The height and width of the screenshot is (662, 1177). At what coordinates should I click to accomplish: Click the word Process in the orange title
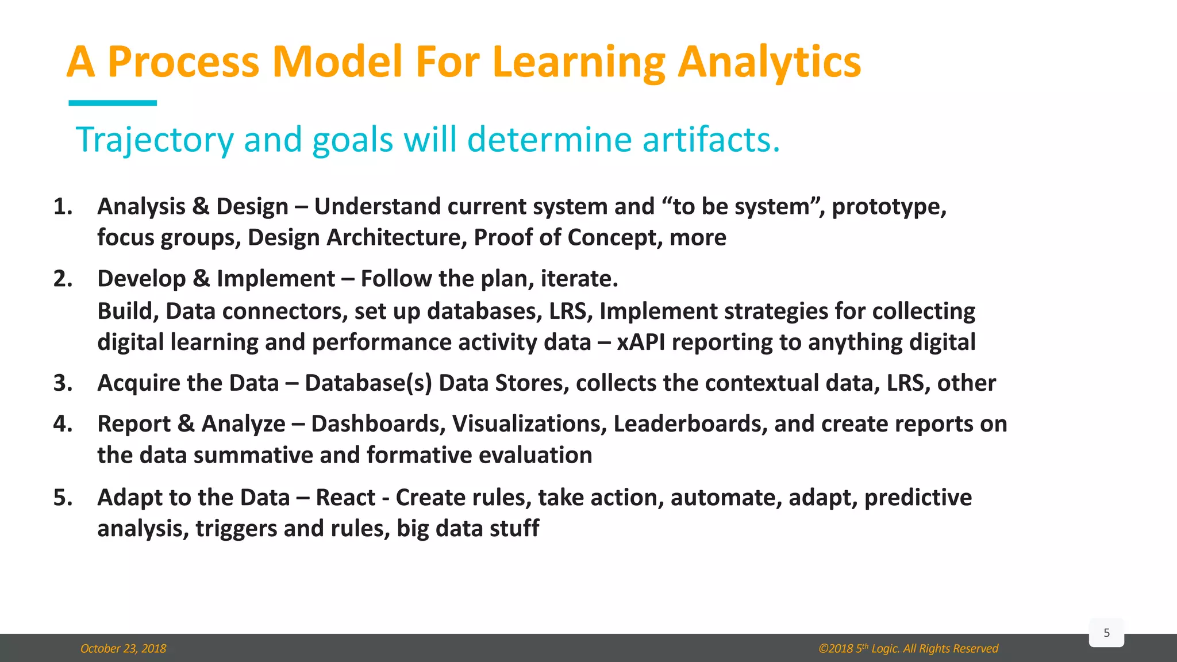[x=183, y=62]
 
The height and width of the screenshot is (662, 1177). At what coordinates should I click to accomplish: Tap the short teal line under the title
[x=113, y=103]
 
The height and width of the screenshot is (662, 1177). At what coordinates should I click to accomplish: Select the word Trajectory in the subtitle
[x=155, y=140]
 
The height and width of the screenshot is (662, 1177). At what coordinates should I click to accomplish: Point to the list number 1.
[x=63, y=206]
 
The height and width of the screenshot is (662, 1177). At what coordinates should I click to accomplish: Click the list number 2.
[x=63, y=279]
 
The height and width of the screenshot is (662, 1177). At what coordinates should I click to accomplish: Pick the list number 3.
[x=63, y=383]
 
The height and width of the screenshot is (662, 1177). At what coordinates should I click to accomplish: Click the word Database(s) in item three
[x=368, y=383]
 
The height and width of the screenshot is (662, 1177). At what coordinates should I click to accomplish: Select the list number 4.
[x=63, y=424]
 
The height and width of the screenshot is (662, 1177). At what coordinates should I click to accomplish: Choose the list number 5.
[x=63, y=498]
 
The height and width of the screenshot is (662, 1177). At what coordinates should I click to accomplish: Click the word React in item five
[x=345, y=498]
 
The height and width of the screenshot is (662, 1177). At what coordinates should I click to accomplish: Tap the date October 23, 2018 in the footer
[x=123, y=649]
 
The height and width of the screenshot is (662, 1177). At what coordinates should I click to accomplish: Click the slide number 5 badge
[x=1106, y=633]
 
